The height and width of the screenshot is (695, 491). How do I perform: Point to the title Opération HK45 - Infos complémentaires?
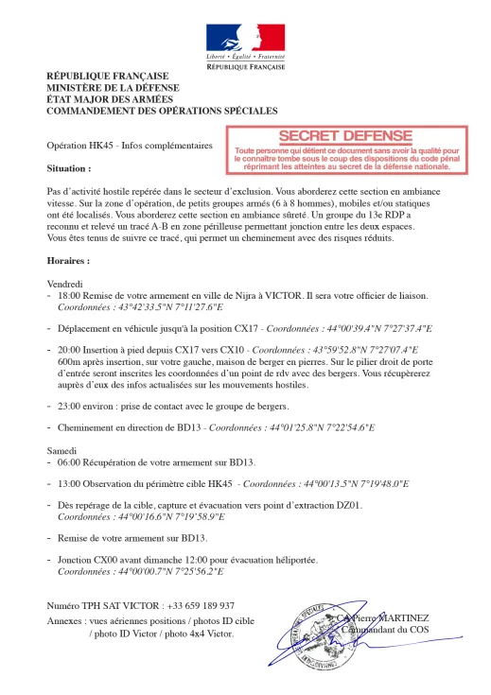point(130,148)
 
